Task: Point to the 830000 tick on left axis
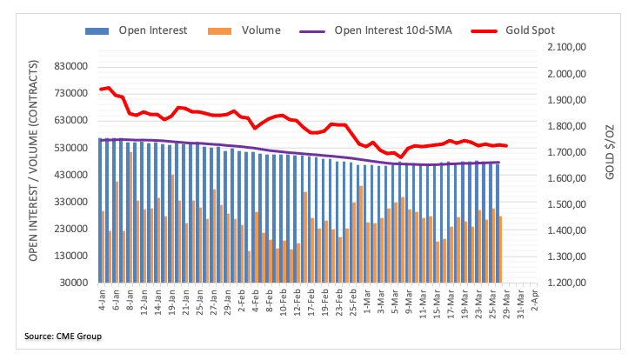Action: coord(70,67)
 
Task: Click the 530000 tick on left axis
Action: coord(70,148)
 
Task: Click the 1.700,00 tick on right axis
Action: coord(569,152)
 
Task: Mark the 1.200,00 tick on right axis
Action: coord(569,283)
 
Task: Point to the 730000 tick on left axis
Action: coord(70,94)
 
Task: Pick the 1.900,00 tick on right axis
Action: coord(569,100)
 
